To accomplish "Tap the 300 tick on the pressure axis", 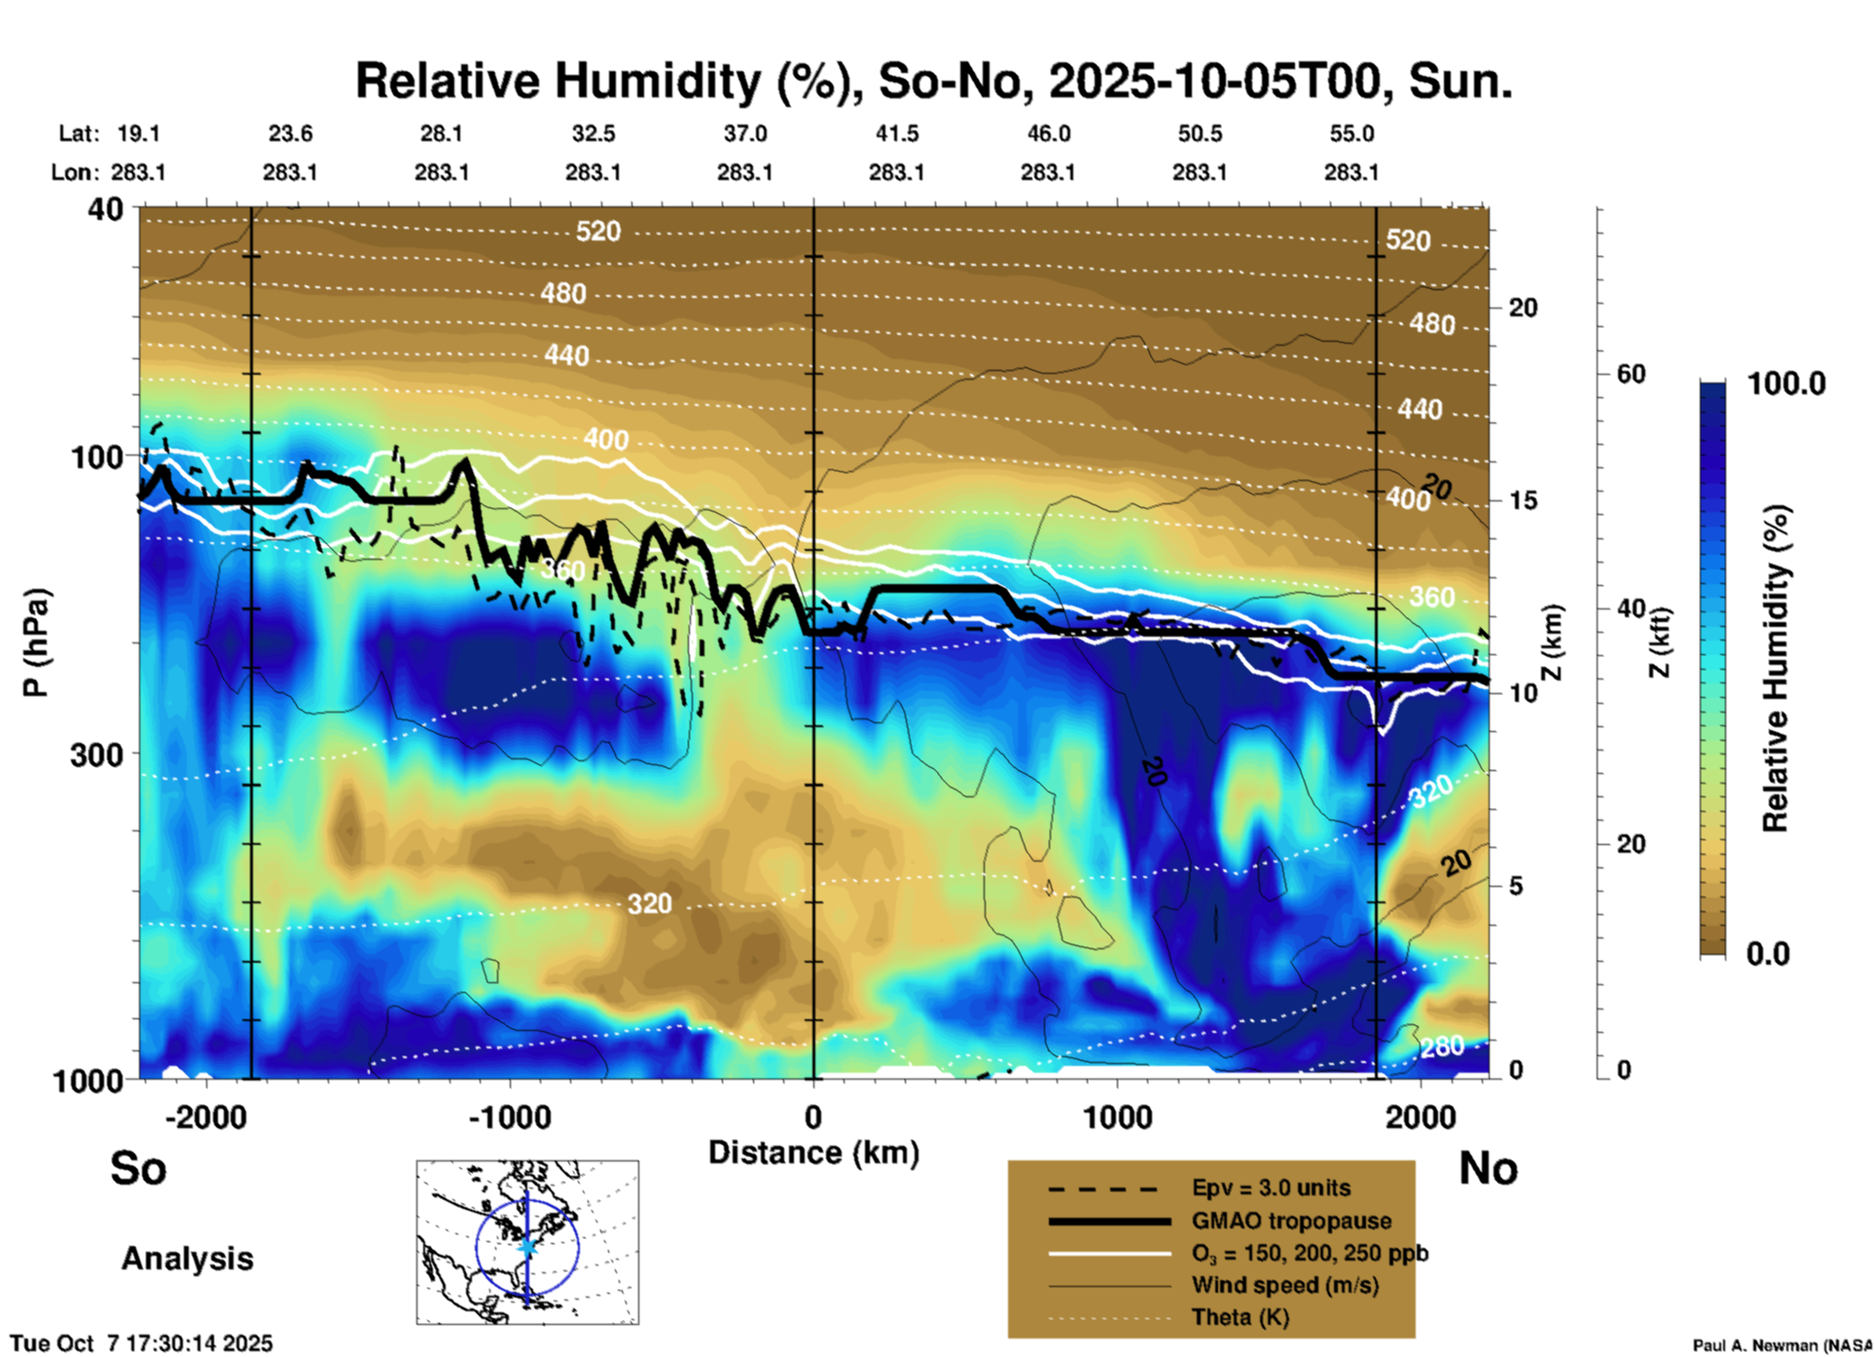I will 96,754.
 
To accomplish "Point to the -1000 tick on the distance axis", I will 510,1117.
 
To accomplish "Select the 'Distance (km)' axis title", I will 813,1153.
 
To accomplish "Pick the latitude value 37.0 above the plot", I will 744,133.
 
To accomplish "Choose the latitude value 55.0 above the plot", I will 1351,133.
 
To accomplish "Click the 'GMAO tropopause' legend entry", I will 1291,1221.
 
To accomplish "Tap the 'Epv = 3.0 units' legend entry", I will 1271,1188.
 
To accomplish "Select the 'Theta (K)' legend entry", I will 1240,1317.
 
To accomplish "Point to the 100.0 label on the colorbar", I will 1786,384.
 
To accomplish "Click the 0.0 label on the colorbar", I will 1767,953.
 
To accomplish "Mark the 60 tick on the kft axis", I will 1631,374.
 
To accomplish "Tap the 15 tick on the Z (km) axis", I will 1523,500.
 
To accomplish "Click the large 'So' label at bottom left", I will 138,1168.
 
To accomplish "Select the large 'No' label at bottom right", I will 1488,1168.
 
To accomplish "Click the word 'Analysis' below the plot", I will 187,1259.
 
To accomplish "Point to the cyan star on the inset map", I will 527,1245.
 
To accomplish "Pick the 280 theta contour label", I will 1441,1046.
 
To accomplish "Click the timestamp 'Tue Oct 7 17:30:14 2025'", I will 142,1343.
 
